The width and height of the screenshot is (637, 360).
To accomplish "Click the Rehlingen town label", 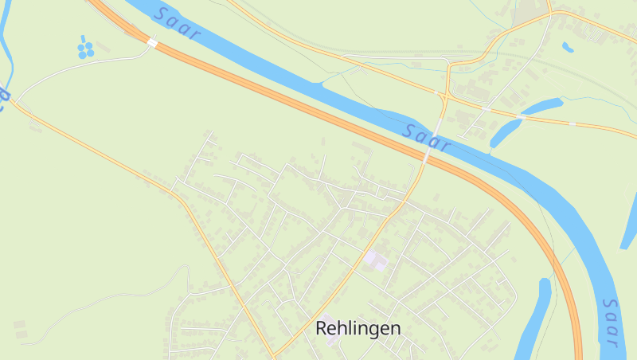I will [x=358, y=327].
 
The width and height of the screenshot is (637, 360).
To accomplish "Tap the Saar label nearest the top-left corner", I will [x=178, y=25].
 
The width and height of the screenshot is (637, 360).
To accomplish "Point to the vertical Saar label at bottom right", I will [x=611, y=323].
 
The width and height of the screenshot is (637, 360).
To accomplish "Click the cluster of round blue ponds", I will [x=85, y=49].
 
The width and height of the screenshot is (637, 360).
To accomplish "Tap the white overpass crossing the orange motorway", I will [x=151, y=42].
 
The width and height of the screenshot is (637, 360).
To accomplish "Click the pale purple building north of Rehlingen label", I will [x=375, y=260].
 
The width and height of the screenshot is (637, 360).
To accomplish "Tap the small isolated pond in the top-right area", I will [x=568, y=47].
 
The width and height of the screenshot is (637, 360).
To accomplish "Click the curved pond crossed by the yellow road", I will [x=518, y=119].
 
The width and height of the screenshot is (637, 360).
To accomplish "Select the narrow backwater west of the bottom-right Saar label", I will [x=535, y=319].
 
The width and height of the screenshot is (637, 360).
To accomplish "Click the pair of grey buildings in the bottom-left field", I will [x=19, y=327].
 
